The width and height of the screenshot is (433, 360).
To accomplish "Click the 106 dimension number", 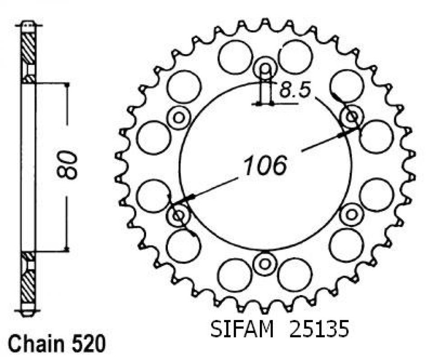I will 266,166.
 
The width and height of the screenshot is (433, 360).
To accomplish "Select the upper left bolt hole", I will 179,118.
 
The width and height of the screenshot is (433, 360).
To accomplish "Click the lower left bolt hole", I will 179,215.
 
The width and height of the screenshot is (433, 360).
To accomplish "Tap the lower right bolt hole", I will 351,214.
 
